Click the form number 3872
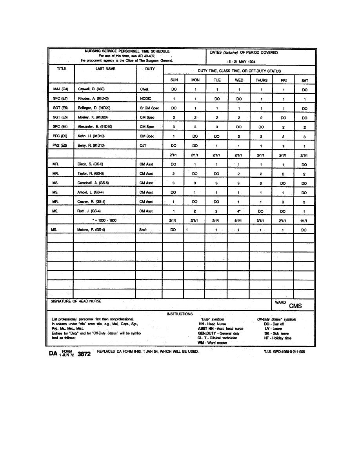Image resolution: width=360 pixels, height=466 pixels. pos(84,354)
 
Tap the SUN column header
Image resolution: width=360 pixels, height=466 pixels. pos(174,80)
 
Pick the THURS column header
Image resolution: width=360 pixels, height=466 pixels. pos(261,80)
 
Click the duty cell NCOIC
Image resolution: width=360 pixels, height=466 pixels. pos(145,99)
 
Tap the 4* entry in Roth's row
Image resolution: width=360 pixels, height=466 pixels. pos(239,211)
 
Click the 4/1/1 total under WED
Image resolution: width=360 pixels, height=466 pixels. pos(239,221)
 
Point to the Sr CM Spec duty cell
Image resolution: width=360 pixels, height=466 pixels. pos(149,108)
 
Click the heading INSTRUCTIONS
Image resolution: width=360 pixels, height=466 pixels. pos(180,314)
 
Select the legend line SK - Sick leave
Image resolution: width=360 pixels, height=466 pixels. pos(277,333)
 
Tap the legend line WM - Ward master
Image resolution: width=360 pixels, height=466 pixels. pos(213,343)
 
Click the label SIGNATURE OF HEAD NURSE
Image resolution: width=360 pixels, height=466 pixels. pos(76,301)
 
